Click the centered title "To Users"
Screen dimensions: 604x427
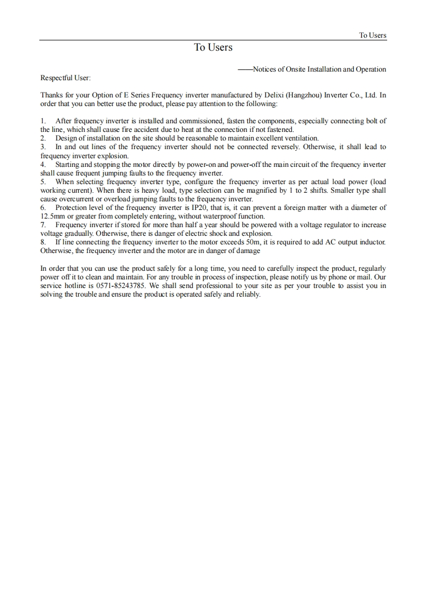coord(213,47)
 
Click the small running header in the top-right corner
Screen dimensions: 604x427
coord(373,36)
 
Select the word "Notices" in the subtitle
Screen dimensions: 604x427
coord(265,69)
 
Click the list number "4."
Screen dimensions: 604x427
coord(44,164)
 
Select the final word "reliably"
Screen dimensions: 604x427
coord(248,294)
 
